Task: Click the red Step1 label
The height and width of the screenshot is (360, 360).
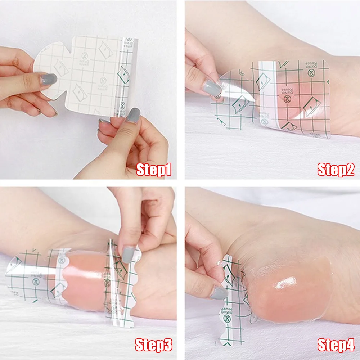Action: tap(154, 170)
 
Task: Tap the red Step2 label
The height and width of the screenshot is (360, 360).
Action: tap(336, 170)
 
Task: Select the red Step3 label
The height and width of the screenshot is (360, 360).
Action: tap(154, 345)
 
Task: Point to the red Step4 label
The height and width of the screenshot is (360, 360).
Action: tap(336, 345)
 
